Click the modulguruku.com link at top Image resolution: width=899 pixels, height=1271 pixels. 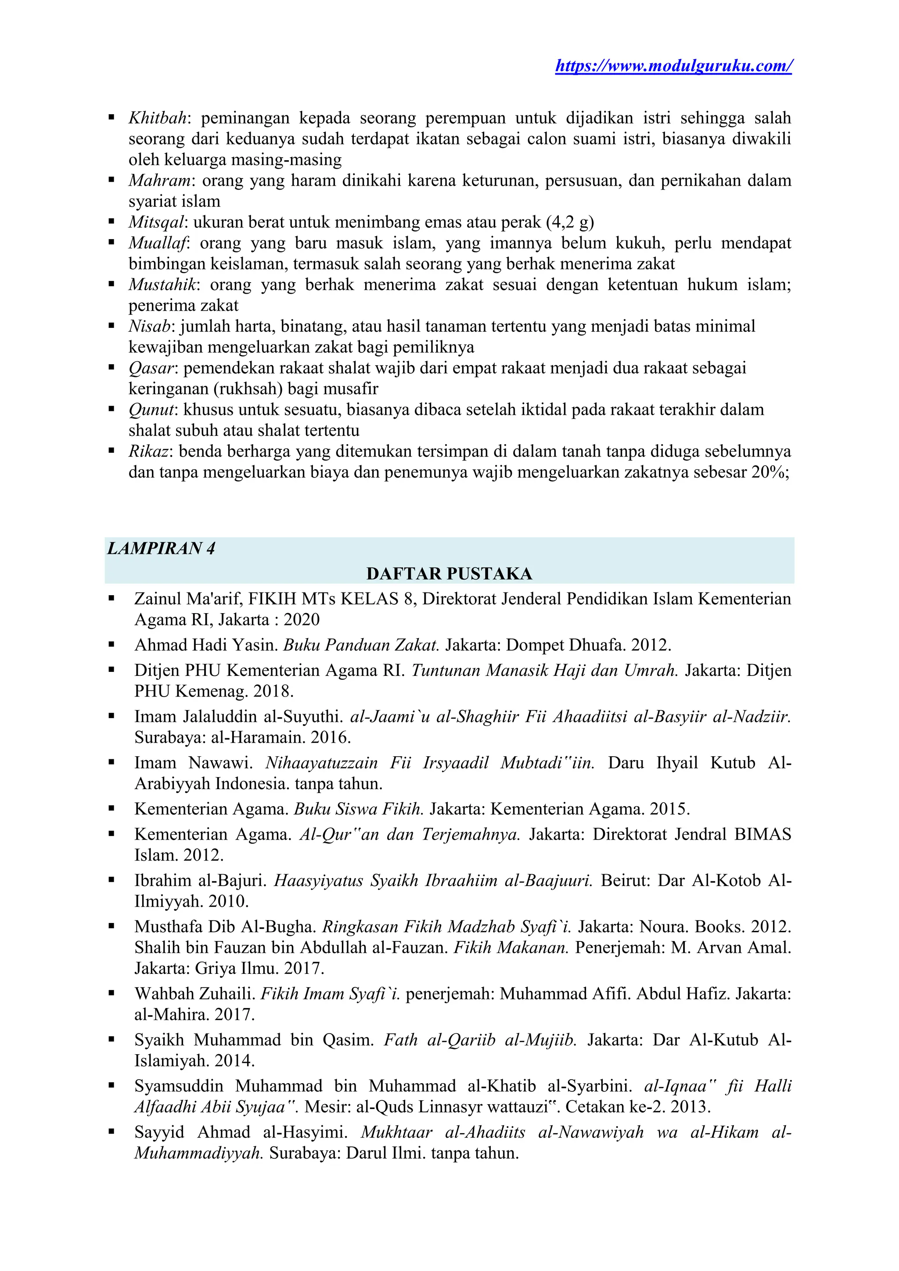(673, 66)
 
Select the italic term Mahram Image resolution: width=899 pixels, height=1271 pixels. (160, 180)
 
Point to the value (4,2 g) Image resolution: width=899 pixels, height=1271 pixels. (570, 222)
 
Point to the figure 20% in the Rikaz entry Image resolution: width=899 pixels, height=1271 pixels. (768, 472)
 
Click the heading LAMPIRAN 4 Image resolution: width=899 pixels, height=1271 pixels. (161, 549)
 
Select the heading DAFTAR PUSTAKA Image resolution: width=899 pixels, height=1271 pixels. (449, 574)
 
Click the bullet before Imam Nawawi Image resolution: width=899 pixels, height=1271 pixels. (112, 763)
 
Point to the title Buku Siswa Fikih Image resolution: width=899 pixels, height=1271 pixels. (358, 809)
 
